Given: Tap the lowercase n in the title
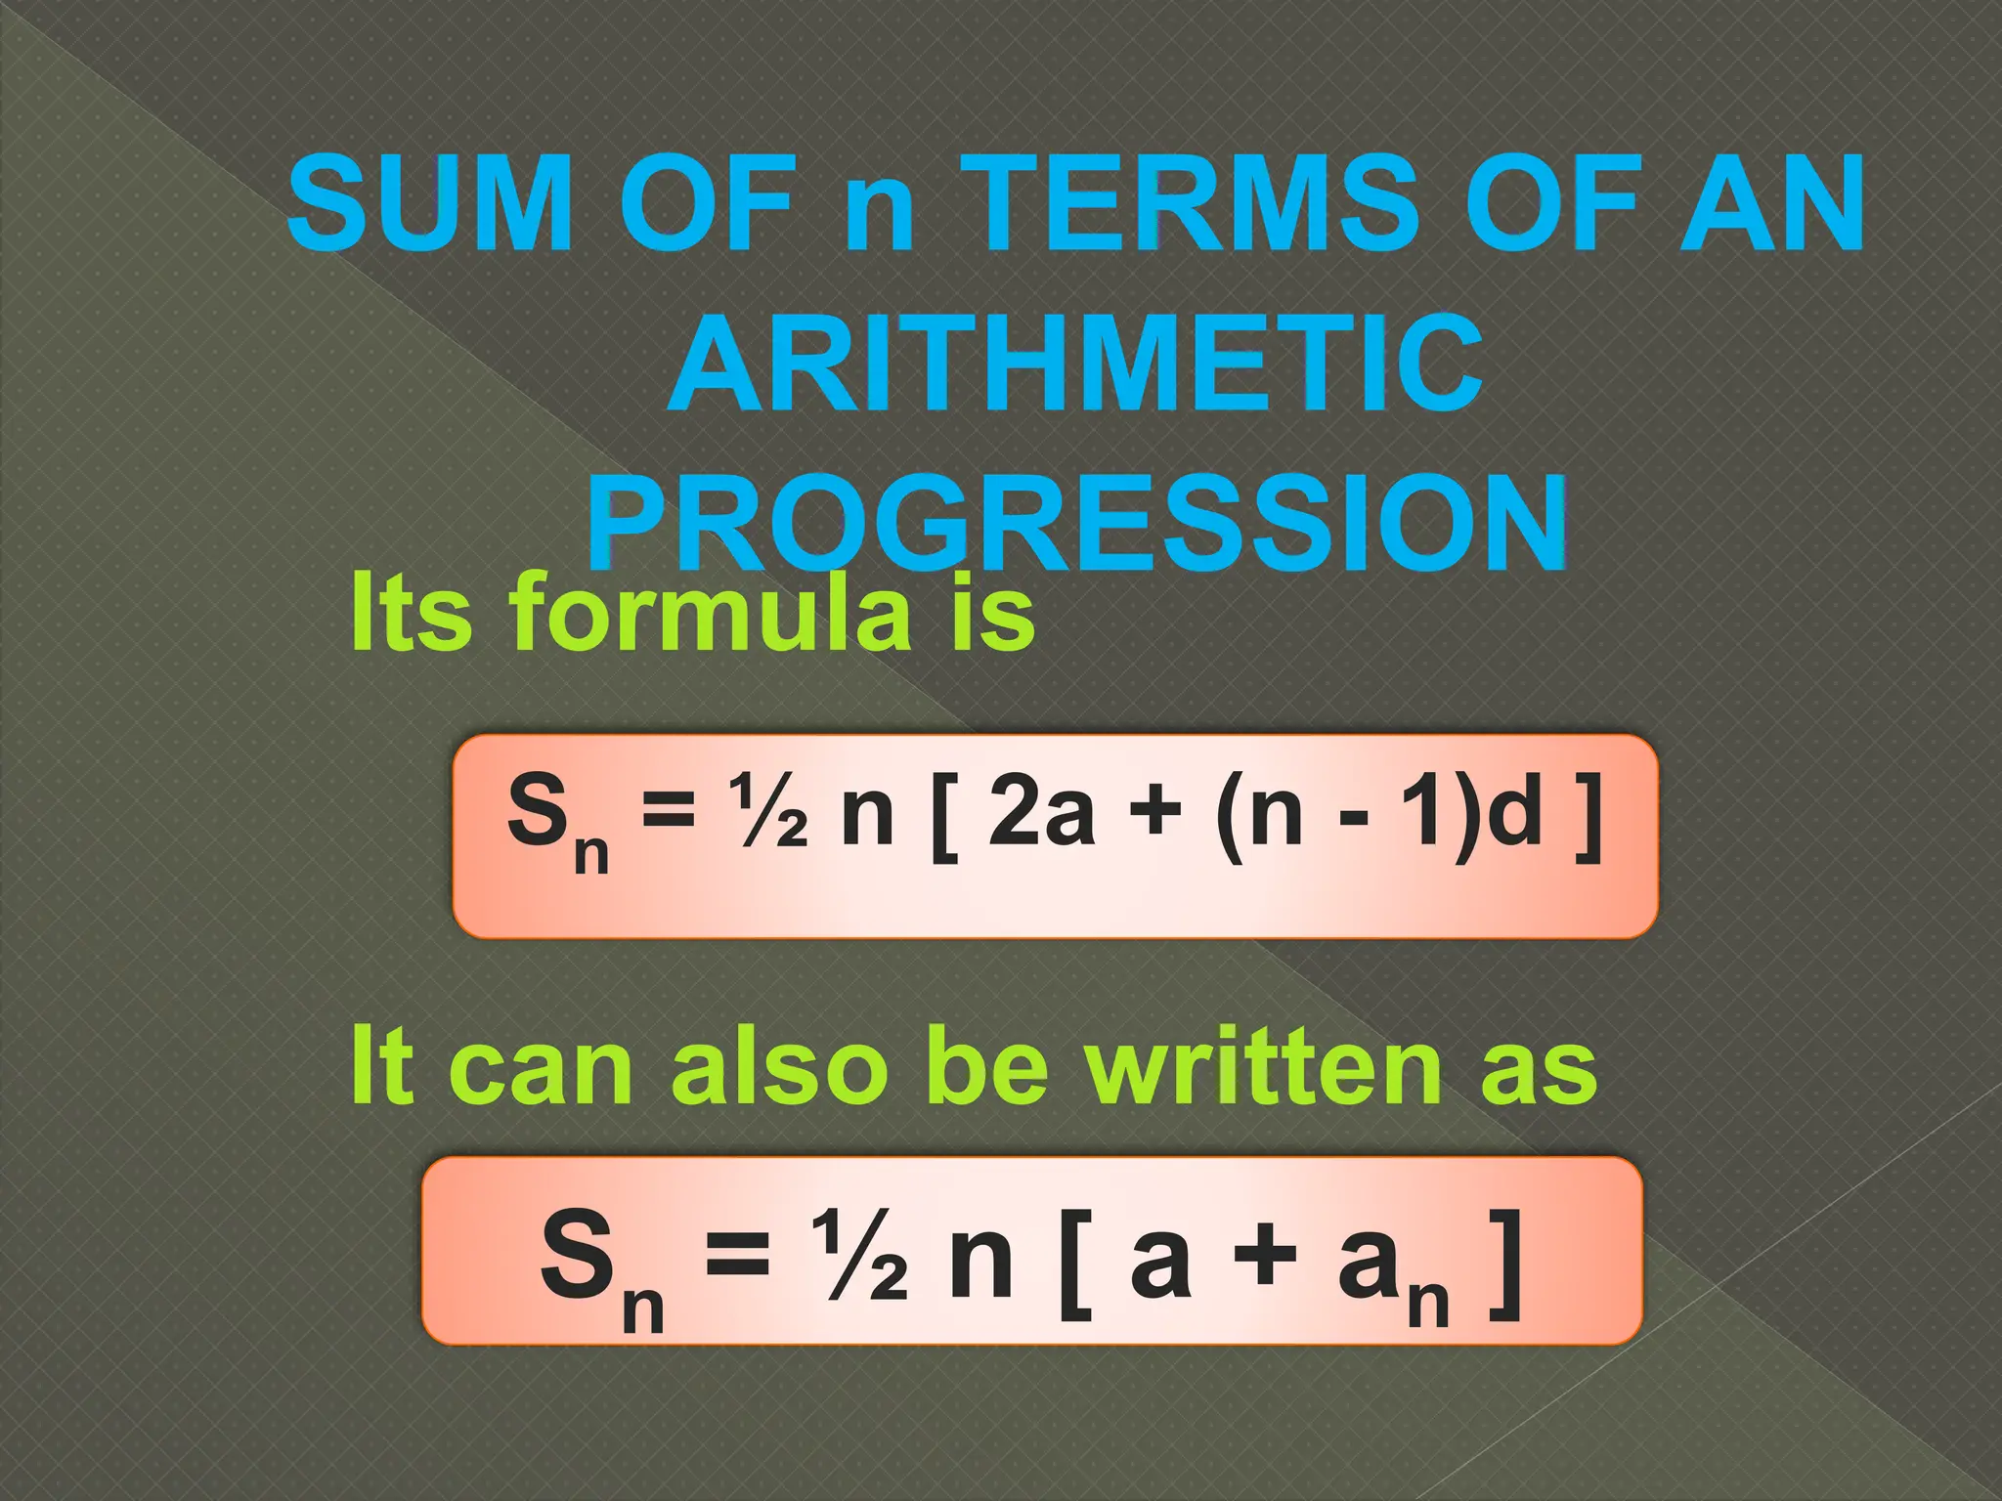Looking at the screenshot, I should click(x=880, y=217).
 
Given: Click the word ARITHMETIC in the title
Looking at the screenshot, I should click(x=1075, y=365).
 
